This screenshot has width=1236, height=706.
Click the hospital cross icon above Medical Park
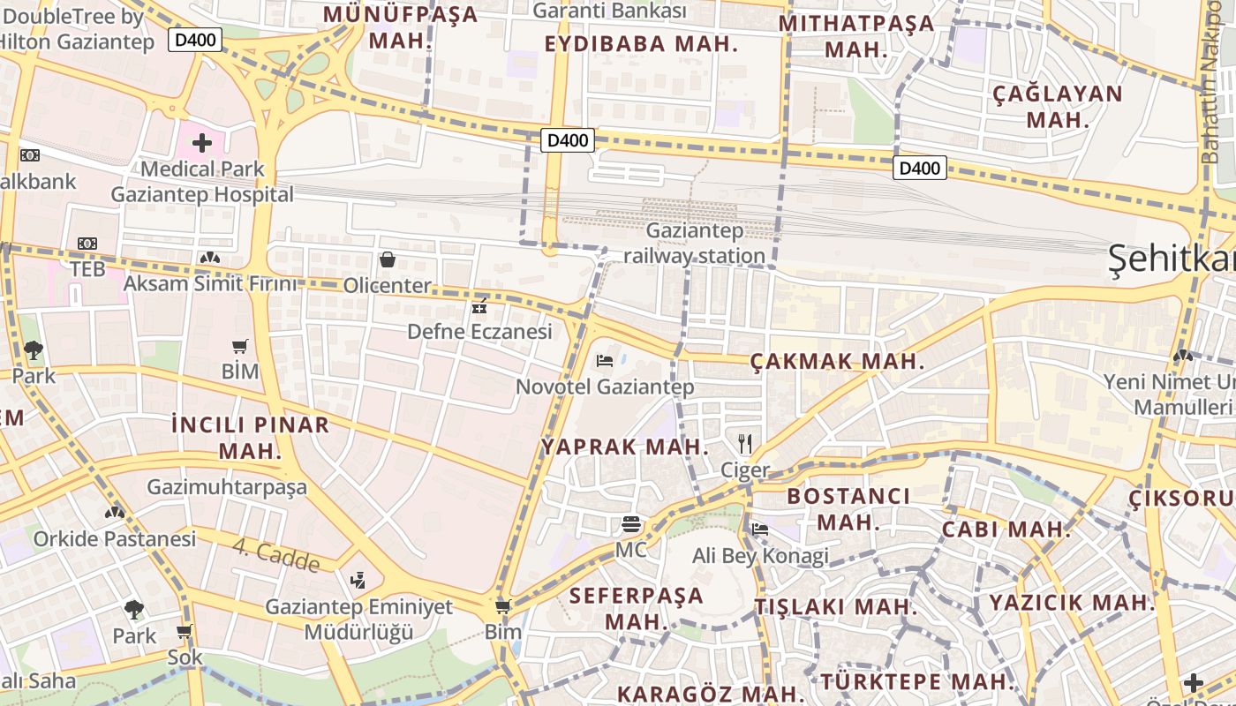point(202,142)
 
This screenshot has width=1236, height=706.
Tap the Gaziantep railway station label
point(695,244)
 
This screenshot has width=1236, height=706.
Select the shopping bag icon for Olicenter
point(387,259)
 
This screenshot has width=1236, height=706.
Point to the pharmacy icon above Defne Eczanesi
point(479,307)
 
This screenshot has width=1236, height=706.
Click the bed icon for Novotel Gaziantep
point(605,360)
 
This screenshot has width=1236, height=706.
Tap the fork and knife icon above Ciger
point(745,443)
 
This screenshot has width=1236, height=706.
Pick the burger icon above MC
point(630,523)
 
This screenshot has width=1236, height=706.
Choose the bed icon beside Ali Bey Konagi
point(759,529)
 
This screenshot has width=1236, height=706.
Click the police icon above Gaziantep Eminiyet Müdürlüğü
point(358,580)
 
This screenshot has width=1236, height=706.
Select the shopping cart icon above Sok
point(184,631)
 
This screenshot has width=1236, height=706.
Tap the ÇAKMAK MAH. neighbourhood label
point(836,361)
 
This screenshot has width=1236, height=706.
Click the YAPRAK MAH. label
point(625,447)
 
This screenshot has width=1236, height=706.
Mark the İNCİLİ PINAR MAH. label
point(251,438)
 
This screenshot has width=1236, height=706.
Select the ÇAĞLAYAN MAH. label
point(1058,106)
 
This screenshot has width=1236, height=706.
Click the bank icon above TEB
point(87,244)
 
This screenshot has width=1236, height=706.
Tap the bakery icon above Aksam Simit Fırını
point(210,258)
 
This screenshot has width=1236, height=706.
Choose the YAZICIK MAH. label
point(1072,603)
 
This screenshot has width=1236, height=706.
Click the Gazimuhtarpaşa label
point(227,487)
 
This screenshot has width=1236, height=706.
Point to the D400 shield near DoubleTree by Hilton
point(195,39)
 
